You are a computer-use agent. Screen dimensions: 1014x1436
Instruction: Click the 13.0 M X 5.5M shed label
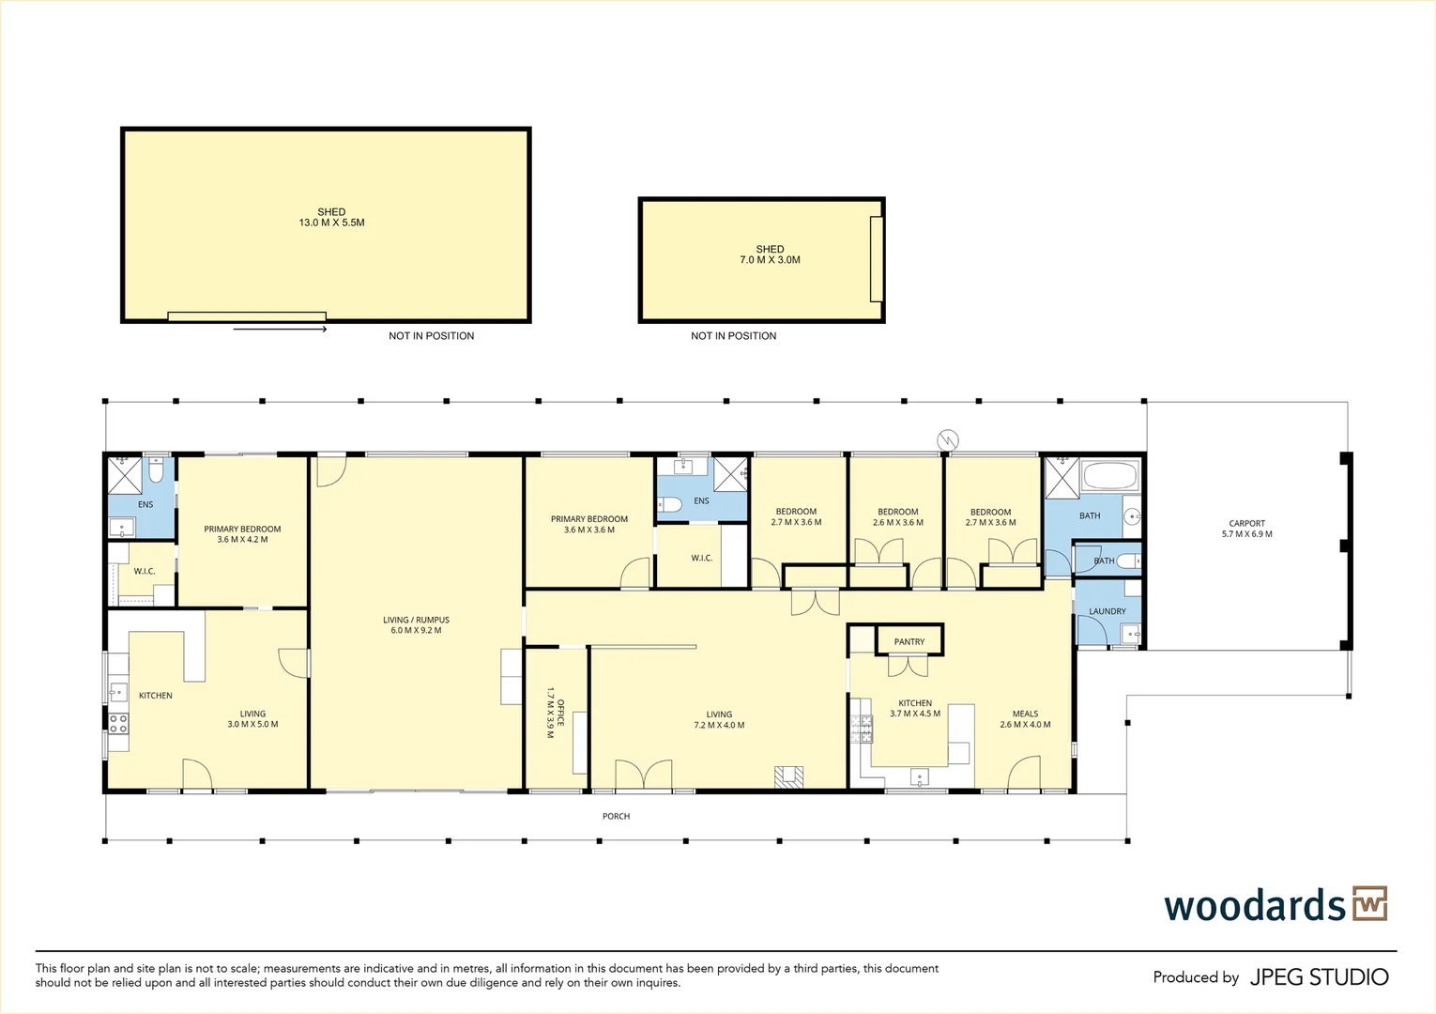pos(331,218)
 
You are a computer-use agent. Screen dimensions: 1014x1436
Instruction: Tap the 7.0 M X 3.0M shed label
pos(770,254)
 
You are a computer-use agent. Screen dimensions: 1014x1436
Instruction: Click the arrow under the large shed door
pos(280,329)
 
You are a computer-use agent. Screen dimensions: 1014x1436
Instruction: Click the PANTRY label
pos(909,642)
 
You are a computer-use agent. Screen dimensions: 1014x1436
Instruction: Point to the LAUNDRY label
pos(1107,611)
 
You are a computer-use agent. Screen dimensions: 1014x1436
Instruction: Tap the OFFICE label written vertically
pos(556,718)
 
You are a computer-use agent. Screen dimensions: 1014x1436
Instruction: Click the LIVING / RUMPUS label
pos(416,625)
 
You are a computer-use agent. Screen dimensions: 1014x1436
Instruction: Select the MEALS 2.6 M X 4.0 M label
pos(1025,719)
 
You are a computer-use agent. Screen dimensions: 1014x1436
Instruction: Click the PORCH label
pos(616,817)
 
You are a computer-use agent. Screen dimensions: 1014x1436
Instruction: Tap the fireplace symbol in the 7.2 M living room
pos(788,776)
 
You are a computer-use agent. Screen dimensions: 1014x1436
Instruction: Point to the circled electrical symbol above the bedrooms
pos(948,439)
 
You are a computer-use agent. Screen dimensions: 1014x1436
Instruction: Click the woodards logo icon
pos(1369,904)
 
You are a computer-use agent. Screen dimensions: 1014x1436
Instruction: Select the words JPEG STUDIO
pos(1319,977)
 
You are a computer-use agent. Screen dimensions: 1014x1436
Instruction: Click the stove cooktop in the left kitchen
pos(118,723)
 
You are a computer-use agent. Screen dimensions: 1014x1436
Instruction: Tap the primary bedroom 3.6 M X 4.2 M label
pos(242,534)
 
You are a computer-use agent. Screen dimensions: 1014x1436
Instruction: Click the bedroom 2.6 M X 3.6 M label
pos(897,517)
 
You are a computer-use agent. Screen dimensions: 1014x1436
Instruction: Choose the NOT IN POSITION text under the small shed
pos(733,336)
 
